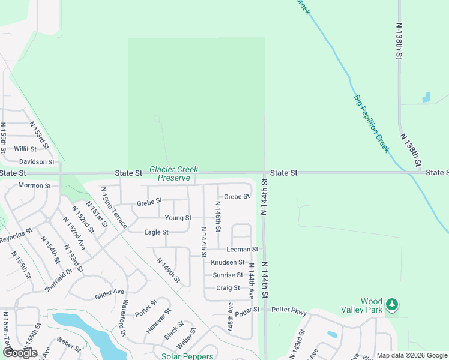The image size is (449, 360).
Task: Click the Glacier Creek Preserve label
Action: click(173, 174)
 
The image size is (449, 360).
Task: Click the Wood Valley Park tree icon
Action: click(391, 305)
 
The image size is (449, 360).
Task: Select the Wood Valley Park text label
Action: click(372, 305)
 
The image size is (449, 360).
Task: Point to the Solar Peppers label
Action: click(187, 356)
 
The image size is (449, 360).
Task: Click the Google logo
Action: click(20, 353)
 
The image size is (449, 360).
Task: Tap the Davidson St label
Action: click(37, 162)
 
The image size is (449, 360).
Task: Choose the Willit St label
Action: click(26, 148)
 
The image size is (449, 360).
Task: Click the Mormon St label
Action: click(34, 185)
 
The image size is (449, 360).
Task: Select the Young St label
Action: click(178, 218)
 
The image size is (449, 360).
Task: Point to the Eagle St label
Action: click(157, 232)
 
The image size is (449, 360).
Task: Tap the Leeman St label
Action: click(242, 249)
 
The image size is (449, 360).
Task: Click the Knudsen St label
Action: click(228, 262)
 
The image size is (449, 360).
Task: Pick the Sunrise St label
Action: click(228, 275)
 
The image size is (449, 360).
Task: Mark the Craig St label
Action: click(228, 288)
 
